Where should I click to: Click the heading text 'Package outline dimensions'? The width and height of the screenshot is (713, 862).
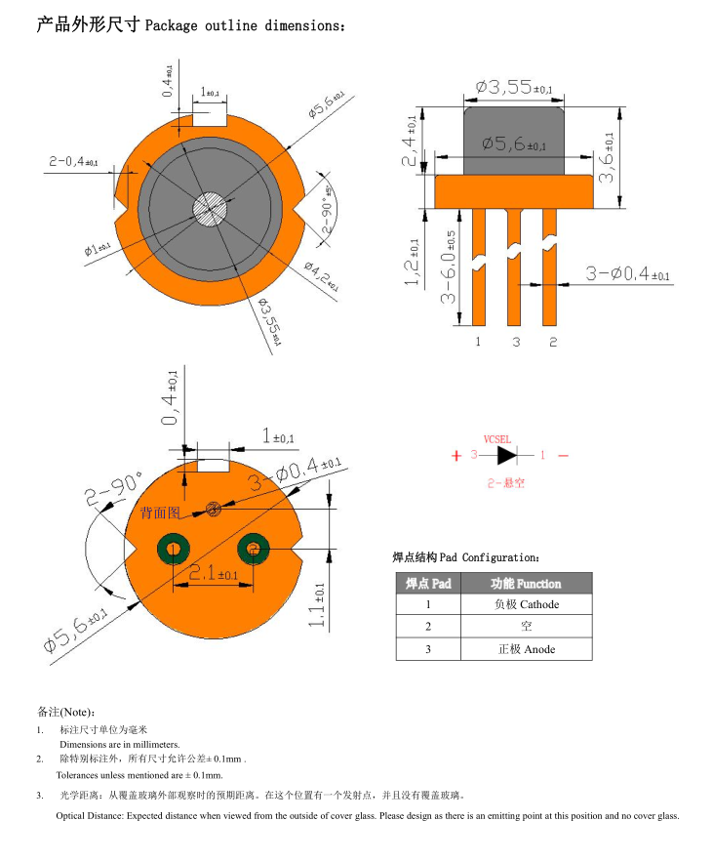point(244,25)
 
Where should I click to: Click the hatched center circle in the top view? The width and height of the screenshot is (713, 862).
point(210,208)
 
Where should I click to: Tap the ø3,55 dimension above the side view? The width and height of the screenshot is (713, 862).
point(513,88)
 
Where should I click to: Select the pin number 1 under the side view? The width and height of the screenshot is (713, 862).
point(478,341)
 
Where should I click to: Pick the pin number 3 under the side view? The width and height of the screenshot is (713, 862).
point(515,341)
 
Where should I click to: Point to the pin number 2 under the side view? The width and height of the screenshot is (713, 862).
point(552,341)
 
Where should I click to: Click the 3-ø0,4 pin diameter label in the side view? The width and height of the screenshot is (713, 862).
point(627,274)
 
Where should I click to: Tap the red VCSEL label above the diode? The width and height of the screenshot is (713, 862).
point(497,439)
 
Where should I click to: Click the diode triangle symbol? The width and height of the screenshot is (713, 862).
point(506,455)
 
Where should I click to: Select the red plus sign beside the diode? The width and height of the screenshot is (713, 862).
point(456,456)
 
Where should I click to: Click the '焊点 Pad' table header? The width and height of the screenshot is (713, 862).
point(428,584)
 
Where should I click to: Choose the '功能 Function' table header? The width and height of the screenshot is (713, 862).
point(526,584)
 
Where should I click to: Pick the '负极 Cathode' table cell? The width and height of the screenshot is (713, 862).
point(526,605)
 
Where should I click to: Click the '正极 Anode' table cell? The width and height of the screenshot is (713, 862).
point(526,649)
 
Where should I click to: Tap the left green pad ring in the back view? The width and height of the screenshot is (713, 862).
point(175,550)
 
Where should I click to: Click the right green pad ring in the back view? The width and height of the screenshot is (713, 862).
point(256,550)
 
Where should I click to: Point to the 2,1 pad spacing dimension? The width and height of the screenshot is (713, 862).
point(214,574)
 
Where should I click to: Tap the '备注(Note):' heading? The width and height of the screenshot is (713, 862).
point(65,711)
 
